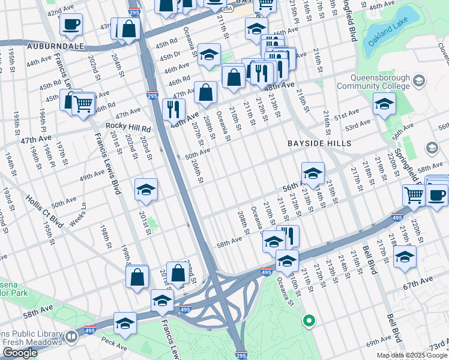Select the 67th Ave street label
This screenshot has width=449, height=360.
tap(418, 280)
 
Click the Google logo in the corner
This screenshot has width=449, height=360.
tap(20, 353)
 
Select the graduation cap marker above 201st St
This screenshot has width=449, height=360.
tap(146, 190)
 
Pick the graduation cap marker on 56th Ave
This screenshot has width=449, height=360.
tap(313, 174)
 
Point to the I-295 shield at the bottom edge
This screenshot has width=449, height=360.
tap(240, 355)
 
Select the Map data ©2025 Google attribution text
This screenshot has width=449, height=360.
tap(412, 355)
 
